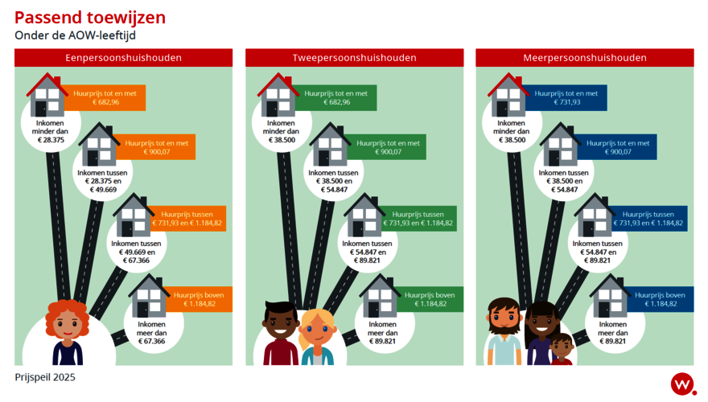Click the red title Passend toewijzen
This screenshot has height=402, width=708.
click(x=90, y=18)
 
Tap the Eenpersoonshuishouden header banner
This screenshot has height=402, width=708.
click(x=123, y=58)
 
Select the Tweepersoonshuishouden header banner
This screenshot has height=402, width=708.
click(x=355, y=58)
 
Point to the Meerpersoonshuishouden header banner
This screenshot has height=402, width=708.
click(x=585, y=58)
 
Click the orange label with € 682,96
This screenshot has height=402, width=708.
click(x=105, y=98)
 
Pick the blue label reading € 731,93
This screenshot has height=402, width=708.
click(x=566, y=98)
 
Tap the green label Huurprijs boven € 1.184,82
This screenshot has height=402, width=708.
click(x=430, y=299)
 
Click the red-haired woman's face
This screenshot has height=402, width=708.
click(x=67, y=324)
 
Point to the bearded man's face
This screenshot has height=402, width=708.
click(x=504, y=318)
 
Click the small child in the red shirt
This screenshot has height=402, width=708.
click(x=562, y=349)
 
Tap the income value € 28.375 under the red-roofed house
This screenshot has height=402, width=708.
click(x=51, y=140)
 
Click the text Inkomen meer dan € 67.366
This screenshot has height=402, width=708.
click(x=152, y=333)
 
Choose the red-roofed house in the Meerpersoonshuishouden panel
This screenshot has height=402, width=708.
click(x=508, y=95)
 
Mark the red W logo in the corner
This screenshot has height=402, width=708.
click(x=683, y=384)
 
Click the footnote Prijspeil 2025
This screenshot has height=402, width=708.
click(x=45, y=377)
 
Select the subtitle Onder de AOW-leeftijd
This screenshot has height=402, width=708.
click(x=75, y=35)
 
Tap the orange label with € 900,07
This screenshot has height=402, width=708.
click(x=156, y=147)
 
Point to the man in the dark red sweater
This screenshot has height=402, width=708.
click(x=281, y=334)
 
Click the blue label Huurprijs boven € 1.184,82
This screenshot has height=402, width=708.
click(x=660, y=299)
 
